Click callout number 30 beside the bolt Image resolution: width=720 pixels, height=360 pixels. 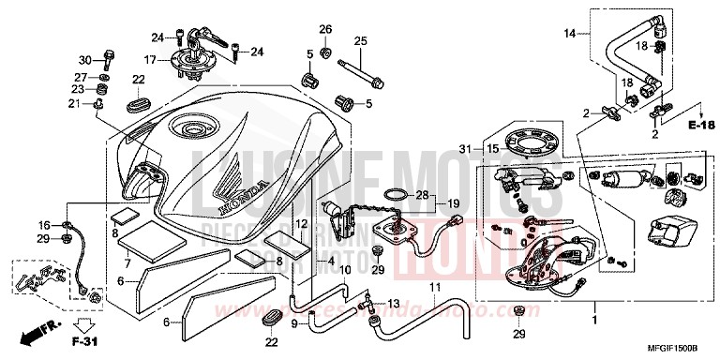pyautogui.click(x=82, y=60)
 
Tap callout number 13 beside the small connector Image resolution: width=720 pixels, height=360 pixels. pyautogui.click(x=393, y=304)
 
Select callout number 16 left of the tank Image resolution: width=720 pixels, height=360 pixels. pyautogui.click(x=43, y=225)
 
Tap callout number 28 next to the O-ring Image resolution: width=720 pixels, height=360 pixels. pyautogui.click(x=422, y=196)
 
